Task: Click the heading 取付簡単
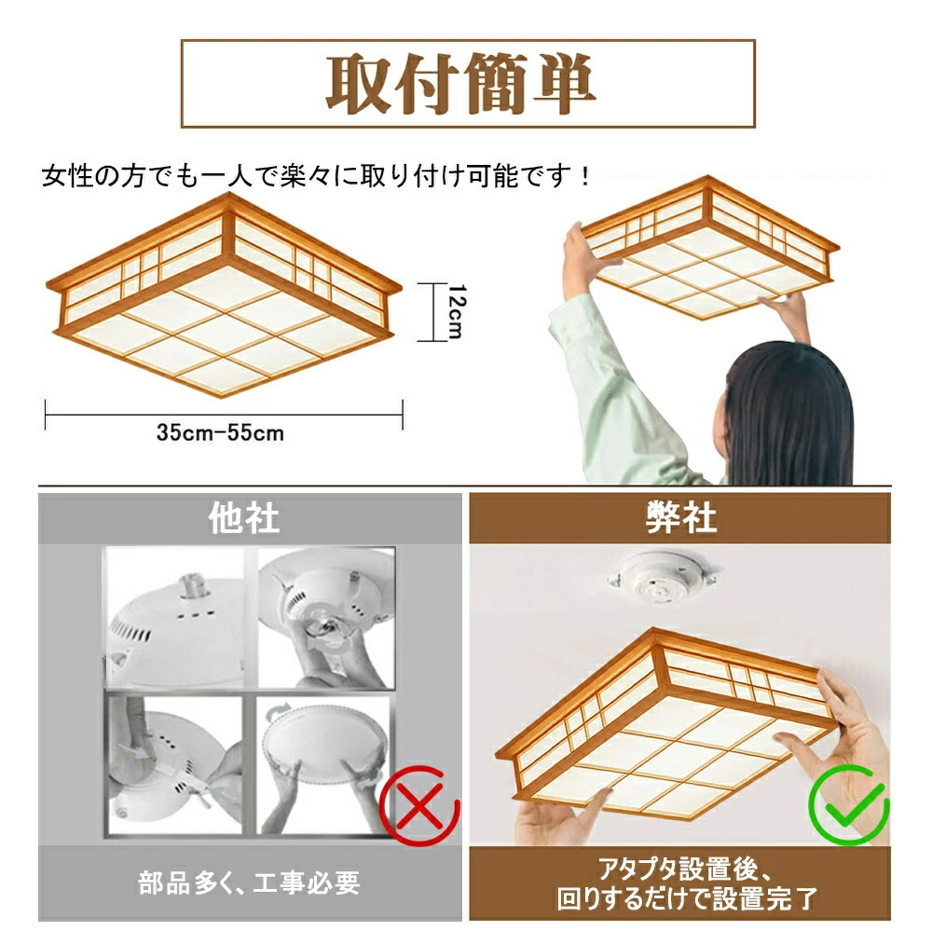point(460,84)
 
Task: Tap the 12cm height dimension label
point(457,311)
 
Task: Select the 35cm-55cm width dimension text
point(221,432)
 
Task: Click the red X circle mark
point(419,805)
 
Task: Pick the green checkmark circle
point(849,805)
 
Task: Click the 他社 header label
point(243,518)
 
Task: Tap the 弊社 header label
point(681,517)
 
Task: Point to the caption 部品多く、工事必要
point(249,883)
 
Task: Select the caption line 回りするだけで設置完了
point(687,898)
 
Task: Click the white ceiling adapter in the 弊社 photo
point(662,577)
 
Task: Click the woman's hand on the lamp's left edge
point(585,260)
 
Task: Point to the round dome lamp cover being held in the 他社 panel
point(322,743)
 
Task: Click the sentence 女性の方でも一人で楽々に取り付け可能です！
point(317,176)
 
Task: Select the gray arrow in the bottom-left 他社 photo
point(132,752)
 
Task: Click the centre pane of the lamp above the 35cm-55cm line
point(224,335)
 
